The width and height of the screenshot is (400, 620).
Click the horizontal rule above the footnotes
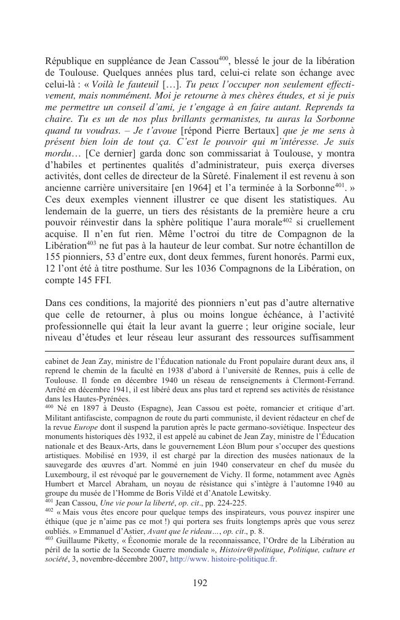199,351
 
